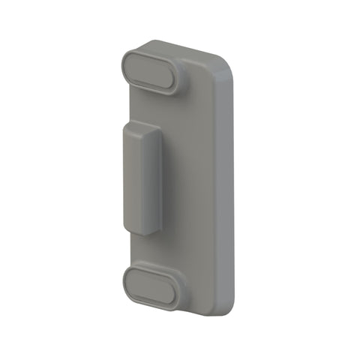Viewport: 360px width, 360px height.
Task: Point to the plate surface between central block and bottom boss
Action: [x=165, y=247]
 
